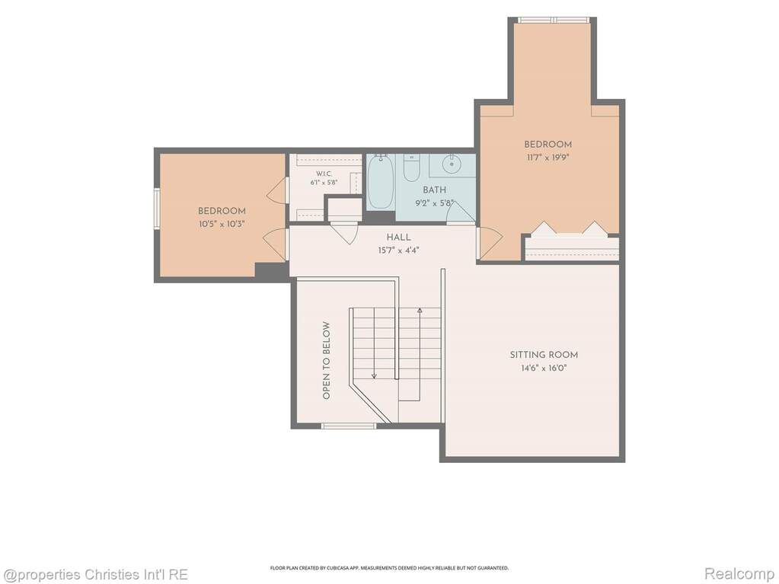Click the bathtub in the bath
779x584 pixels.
click(x=381, y=182)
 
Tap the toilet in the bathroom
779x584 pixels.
click(x=411, y=168)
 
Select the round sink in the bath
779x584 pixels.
click(x=452, y=161)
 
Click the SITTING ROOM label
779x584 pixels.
click(x=544, y=355)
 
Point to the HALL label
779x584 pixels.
click(x=398, y=238)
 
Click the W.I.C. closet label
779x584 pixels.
click(x=324, y=174)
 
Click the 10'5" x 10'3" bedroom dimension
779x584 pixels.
click(x=222, y=224)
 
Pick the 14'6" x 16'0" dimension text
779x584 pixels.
click(x=544, y=368)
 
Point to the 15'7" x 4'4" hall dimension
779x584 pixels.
click(x=398, y=251)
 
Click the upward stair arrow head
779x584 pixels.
click(x=420, y=311)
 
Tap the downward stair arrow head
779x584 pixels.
click(x=374, y=376)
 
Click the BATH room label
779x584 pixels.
click(x=434, y=190)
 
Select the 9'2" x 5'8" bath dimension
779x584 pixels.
click(x=434, y=203)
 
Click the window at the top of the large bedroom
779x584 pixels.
click(x=554, y=20)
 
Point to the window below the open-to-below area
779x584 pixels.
click(x=349, y=426)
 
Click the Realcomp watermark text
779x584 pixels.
click(x=739, y=574)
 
